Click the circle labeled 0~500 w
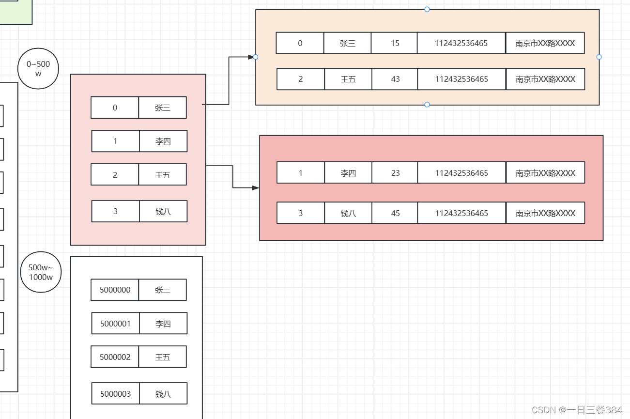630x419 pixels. pos(38,69)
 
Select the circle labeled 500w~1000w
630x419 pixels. pos(41,272)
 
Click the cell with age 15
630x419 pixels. pos(395,43)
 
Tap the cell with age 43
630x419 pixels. pos(395,79)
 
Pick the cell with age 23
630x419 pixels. pos(395,173)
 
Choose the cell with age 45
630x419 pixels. pos(395,213)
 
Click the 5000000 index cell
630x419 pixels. pos(115,290)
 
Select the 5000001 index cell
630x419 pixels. pos(115,324)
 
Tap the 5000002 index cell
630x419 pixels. pos(115,357)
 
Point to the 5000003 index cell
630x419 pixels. pos(115,394)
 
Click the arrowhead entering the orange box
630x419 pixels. pos(251,57)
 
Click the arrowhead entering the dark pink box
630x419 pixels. pos(255,187)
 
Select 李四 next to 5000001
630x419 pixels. pos(163,324)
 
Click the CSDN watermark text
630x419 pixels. pos(577,410)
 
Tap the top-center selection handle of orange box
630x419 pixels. pos(427,9)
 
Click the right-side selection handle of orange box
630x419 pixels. pos(599,57)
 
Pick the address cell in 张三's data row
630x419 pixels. pos(545,43)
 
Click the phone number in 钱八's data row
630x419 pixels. pos(461,213)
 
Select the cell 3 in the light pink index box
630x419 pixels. pos(115,211)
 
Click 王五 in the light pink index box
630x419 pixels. pos(163,175)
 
